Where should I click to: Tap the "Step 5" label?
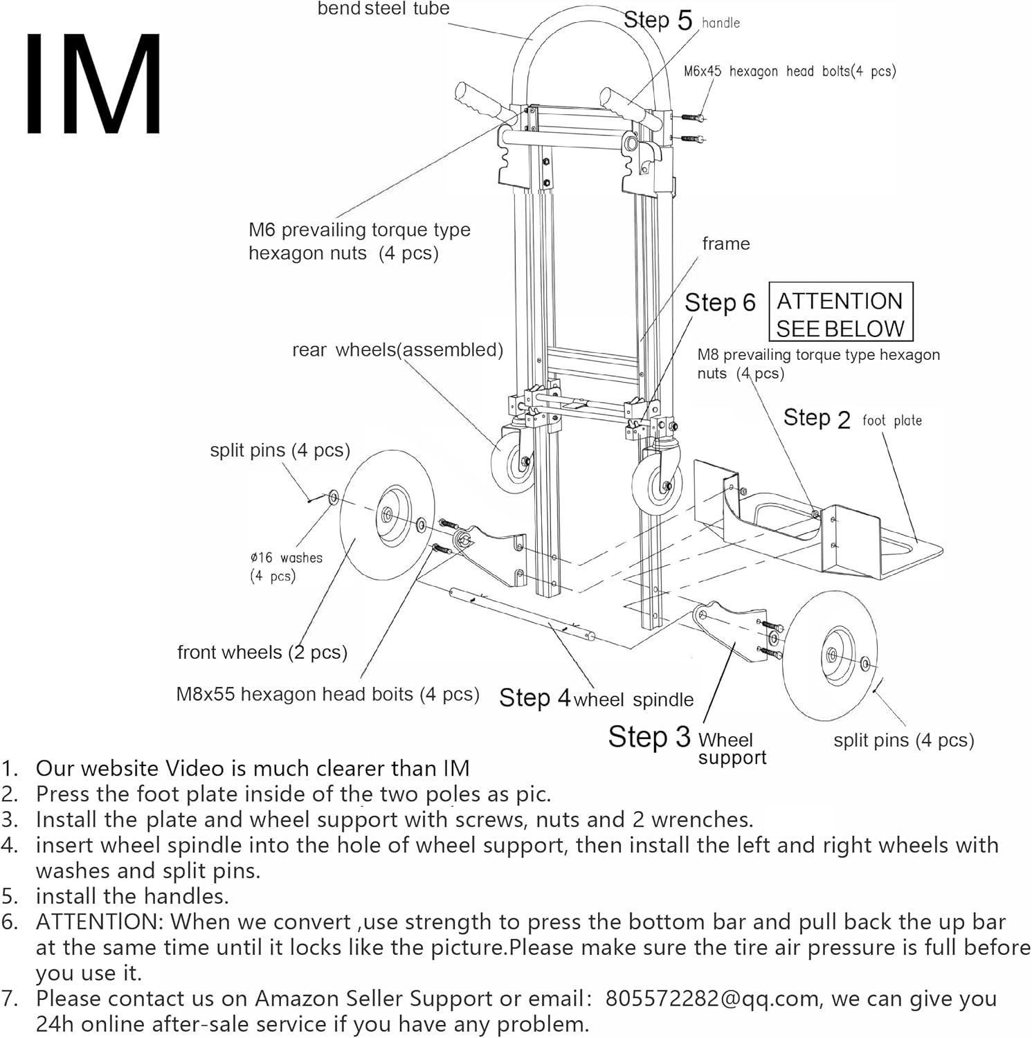[x=657, y=20]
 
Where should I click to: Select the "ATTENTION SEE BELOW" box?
[x=840, y=312]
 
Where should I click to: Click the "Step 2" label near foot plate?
[x=816, y=418]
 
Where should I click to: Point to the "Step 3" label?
[x=649, y=737]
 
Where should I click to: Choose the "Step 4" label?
[x=534, y=698]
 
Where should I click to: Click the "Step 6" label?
[x=720, y=302]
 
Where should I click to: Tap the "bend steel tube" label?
[x=383, y=9]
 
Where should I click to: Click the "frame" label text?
[x=725, y=244]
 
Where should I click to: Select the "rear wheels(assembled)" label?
[x=397, y=349]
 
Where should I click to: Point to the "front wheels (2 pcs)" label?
[x=262, y=652]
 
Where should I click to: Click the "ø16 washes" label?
[x=286, y=558]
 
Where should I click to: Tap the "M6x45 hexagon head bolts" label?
[x=789, y=71]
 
